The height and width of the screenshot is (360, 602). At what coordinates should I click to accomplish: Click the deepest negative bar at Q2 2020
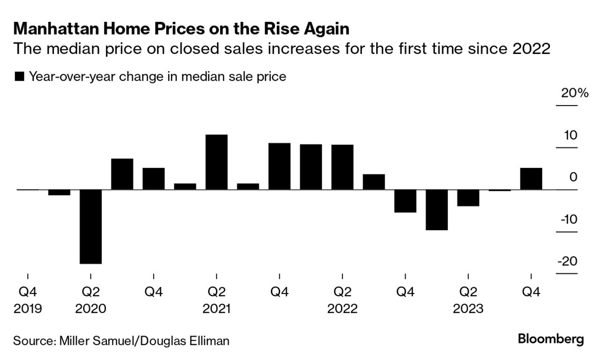(91, 226)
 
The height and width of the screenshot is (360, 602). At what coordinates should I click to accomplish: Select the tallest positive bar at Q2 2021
(216, 162)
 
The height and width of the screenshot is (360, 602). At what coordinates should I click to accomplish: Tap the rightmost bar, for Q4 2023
(531, 179)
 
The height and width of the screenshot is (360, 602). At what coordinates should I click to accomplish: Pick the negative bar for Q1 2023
(437, 210)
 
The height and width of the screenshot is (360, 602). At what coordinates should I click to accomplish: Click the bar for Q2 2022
(342, 167)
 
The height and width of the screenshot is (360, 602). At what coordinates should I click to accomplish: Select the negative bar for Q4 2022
(405, 201)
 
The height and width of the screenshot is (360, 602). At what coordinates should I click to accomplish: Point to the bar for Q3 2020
(122, 174)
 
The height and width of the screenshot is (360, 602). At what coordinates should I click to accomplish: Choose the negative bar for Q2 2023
(468, 198)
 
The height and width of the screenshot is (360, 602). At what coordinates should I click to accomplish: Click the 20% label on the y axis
(575, 93)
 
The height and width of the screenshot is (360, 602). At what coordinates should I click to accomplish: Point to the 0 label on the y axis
(573, 177)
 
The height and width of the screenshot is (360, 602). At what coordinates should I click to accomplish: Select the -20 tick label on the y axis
(567, 262)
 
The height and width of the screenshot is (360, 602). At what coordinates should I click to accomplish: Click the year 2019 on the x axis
(28, 309)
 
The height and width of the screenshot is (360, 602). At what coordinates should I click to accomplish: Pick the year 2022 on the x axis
(342, 309)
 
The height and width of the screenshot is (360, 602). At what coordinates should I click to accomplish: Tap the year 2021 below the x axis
(216, 309)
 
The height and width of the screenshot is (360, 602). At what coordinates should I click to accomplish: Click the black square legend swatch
(20, 77)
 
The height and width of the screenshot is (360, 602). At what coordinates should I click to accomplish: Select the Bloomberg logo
(551, 339)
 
